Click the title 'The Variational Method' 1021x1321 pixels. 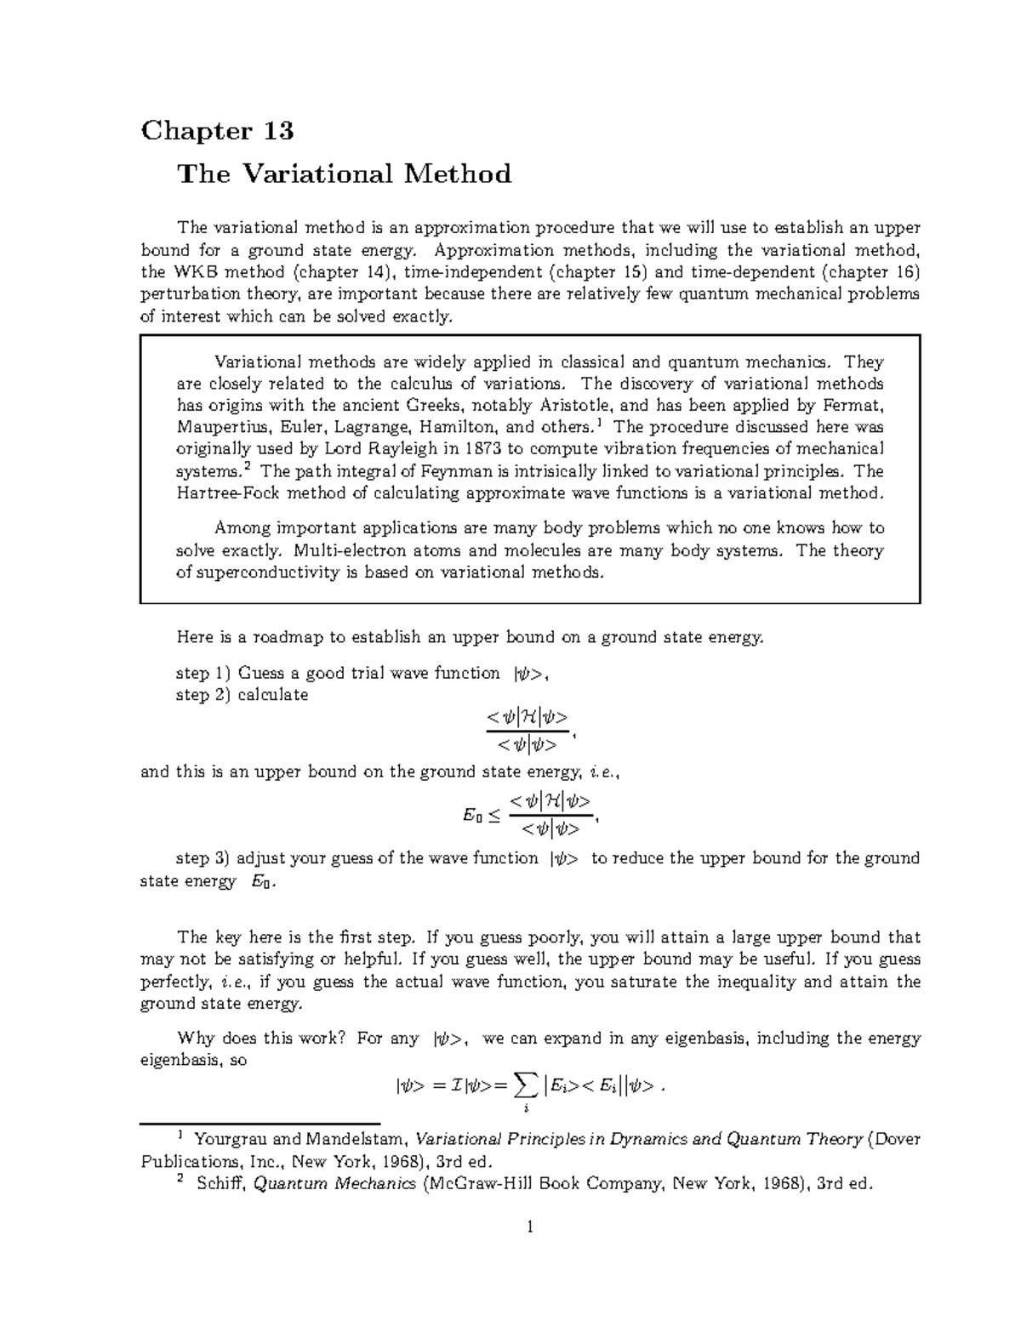pos(344,174)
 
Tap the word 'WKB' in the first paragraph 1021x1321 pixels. pos(197,272)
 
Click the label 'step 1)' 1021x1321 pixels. pos(203,674)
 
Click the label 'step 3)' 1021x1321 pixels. pos(203,858)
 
